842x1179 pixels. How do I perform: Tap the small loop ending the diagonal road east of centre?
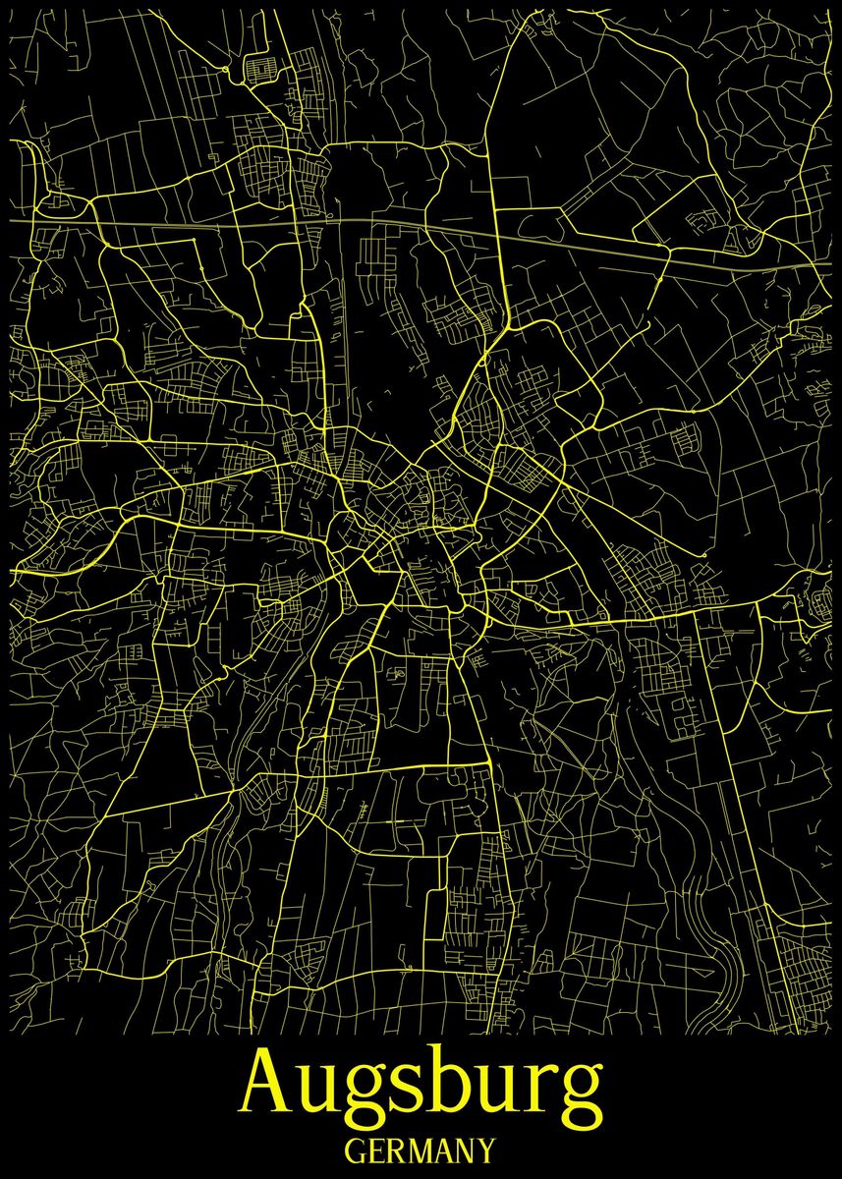click(704, 555)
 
